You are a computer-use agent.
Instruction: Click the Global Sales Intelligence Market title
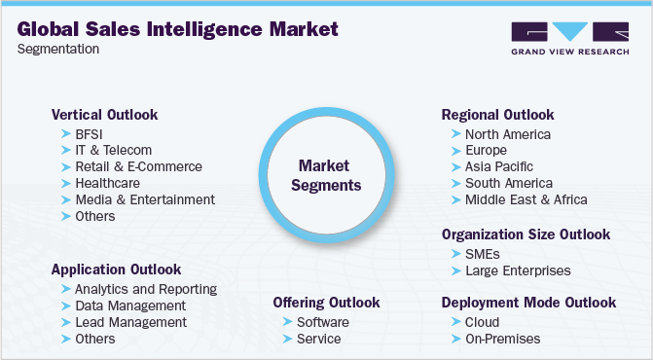click(178, 29)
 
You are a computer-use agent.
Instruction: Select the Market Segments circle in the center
click(329, 175)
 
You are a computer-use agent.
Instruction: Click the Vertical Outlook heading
click(104, 115)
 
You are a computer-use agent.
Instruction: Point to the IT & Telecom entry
click(114, 151)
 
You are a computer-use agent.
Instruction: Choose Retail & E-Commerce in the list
click(138, 166)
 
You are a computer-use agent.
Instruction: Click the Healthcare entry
click(107, 183)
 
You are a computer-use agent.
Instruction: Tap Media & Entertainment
click(145, 199)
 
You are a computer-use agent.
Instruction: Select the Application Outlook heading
click(117, 269)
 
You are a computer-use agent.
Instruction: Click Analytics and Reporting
click(146, 289)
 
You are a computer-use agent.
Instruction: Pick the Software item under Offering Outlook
click(323, 322)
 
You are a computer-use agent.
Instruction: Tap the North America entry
click(508, 134)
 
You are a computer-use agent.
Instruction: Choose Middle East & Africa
click(526, 199)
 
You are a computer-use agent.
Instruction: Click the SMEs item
click(483, 254)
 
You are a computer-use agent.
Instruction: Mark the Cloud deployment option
click(482, 322)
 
